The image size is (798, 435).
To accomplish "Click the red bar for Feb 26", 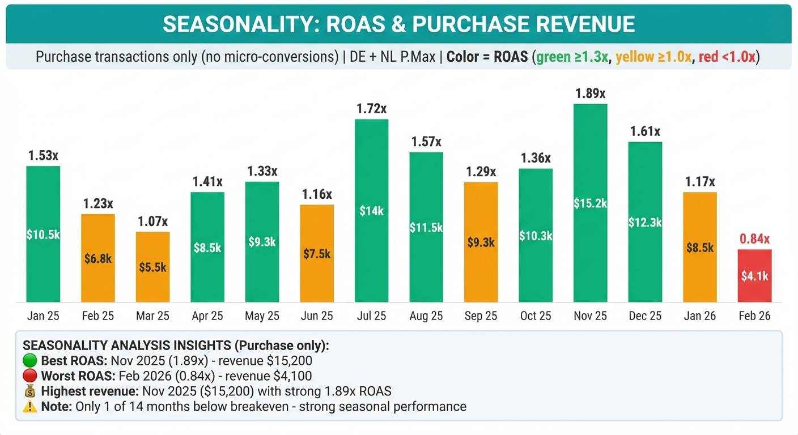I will (754, 276).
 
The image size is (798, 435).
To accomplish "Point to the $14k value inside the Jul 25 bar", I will (372, 211).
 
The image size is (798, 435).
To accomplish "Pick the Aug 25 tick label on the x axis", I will (426, 316).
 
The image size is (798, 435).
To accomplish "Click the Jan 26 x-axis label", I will (700, 316).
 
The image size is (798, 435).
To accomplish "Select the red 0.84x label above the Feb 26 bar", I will (754, 238).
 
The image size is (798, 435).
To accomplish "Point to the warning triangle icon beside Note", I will (29, 406).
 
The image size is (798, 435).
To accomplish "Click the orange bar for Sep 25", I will (481, 242).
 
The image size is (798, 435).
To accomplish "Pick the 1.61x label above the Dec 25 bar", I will (645, 131).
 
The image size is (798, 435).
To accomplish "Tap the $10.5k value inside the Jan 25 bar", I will (43, 234).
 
